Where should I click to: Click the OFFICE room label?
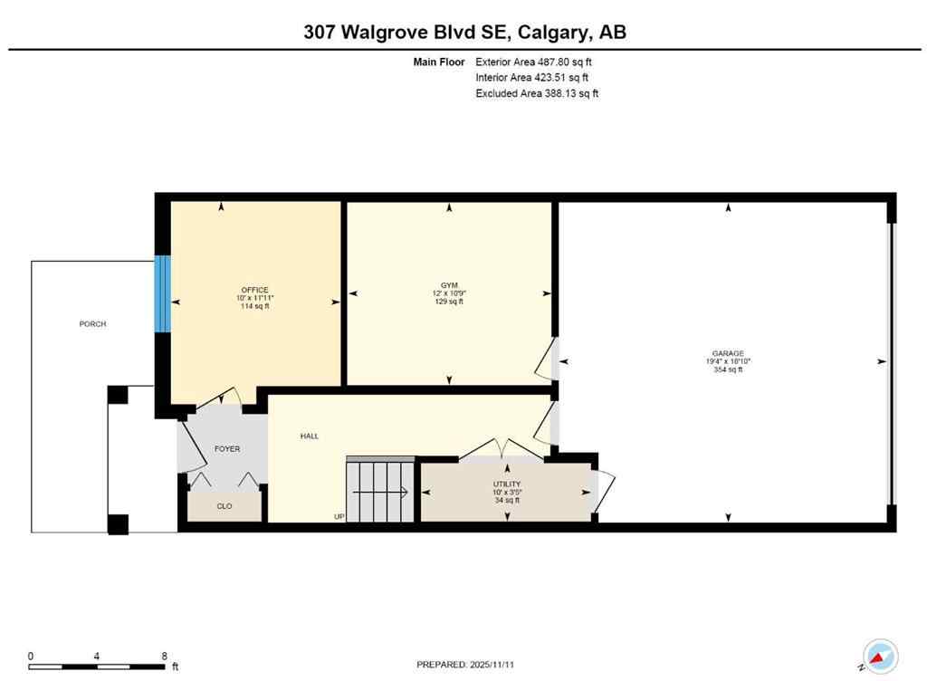[254, 290]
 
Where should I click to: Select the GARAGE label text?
[728, 353]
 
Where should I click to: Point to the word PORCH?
[92, 323]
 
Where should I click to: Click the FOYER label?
[226, 449]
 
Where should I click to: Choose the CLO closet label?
[225, 506]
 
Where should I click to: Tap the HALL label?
[310, 436]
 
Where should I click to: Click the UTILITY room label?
[507, 484]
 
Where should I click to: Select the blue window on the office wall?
[162, 293]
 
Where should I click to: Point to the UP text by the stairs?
[339, 517]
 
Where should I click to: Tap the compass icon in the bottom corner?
[879, 657]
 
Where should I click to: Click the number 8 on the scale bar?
[164, 657]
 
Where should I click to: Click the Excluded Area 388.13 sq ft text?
[537, 93]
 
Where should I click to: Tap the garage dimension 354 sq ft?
[728, 369]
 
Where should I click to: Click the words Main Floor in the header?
[438, 62]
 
